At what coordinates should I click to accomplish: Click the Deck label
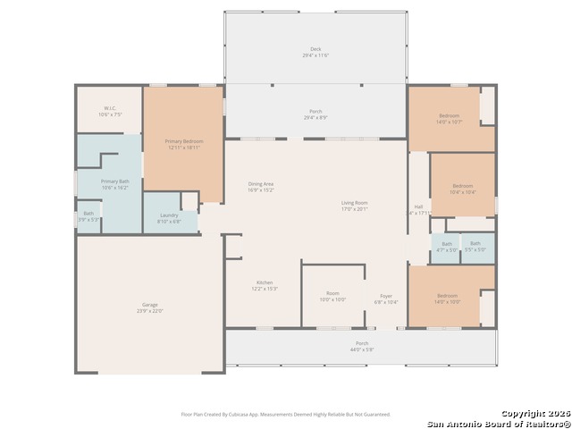coord(315,53)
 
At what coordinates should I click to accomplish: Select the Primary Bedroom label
coord(183,145)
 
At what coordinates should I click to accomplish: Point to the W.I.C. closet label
coord(110,112)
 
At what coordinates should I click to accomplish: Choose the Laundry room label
coord(169,218)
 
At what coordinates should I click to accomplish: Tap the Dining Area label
coord(261,187)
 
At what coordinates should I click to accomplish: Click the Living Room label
coord(354,206)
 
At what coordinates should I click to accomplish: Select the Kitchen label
coord(265,285)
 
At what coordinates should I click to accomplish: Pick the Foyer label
coord(386,299)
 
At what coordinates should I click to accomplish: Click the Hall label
coord(418,210)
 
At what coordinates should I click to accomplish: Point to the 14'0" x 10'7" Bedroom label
coord(450,119)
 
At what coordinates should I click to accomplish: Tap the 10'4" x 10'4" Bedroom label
coord(462,189)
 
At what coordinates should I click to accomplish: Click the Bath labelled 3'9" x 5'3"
coord(88,215)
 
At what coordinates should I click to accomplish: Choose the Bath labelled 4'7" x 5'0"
coord(446,247)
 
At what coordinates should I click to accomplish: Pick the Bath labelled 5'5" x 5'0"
coord(475,247)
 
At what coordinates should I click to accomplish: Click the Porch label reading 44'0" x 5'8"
coord(362,346)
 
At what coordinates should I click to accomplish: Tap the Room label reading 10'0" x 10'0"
coord(332,296)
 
